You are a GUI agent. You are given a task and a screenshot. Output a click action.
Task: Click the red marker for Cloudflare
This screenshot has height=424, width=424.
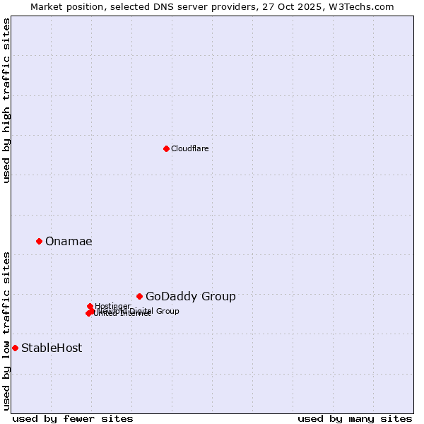pyautogui.click(x=166, y=148)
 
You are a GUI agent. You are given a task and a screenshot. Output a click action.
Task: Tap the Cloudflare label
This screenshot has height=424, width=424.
pyautogui.click(x=189, y=148)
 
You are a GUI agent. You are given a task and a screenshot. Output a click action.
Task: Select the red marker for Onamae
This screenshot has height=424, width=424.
pyautogui.click(x=39, y=241)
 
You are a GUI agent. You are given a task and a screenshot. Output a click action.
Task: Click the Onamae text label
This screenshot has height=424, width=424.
pyautogui.click(x=69, y=242)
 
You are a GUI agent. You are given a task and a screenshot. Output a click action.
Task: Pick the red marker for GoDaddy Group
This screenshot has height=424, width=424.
pyautogui.click(x=139, y=296)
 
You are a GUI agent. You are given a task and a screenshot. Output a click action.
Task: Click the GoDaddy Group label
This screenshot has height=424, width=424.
pyautogui.click(x=190, y=297)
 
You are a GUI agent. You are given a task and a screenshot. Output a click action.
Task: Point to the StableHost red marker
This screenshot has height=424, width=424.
pyautogui.click(x=15, y=348)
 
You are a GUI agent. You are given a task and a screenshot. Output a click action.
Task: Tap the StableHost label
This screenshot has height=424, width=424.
pyautogui.click(x=52, y=348)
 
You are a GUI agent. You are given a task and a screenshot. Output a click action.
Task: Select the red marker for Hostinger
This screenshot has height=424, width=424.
pyautogui.click(x=90, y=306)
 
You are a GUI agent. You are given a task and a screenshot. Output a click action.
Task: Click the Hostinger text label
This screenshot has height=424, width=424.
pyautogui.click(x=112, y=306)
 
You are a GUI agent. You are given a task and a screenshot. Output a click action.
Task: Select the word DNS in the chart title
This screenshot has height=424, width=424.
pyautogui.click(x=167, y=6)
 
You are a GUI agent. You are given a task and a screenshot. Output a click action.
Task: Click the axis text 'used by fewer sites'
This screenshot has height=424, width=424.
pyautogui.click(x=73, y=418)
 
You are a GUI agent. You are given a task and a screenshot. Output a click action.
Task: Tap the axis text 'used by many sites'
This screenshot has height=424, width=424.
pyautogui.click(x=355, y=418)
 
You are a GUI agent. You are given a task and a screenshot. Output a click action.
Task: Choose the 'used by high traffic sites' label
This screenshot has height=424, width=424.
pyautogui.click(x=6, y=100)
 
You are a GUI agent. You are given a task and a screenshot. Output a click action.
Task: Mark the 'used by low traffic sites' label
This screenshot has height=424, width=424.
pyautogui.click(x=6, y=330)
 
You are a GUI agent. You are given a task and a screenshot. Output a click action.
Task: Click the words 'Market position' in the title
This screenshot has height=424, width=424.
pyautogui.click(x=62, y=6)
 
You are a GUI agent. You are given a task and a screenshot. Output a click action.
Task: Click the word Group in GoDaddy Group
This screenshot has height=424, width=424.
pyautogui.click(x=220, y=297)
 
